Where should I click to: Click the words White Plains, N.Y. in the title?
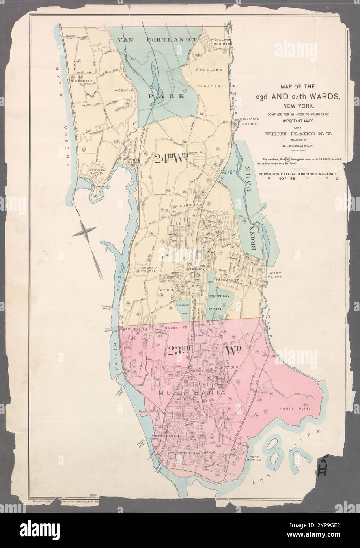[x=301, y=134]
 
